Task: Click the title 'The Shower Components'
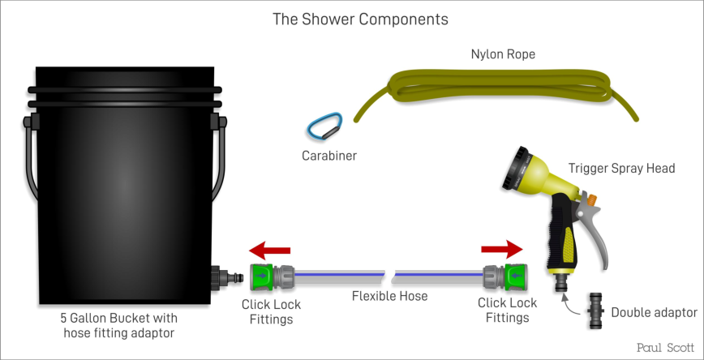(x=360, y=19)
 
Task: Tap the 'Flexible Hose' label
(x=389, y=296)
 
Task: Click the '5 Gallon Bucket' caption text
(x=118, y=319)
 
